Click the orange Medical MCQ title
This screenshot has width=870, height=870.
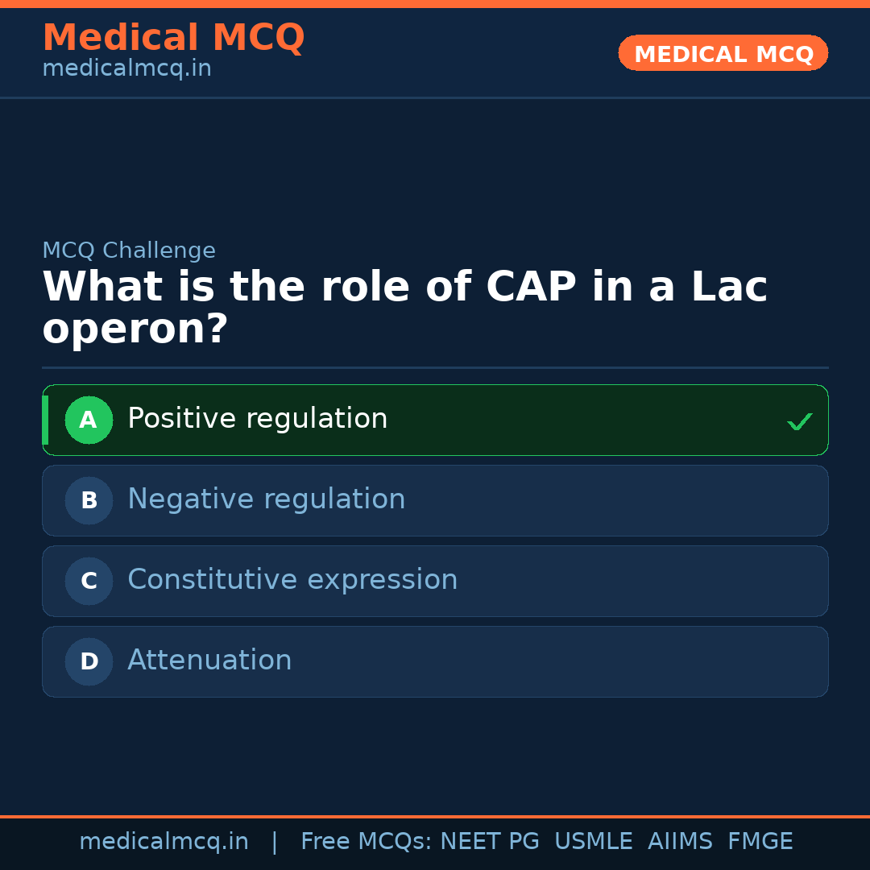173,38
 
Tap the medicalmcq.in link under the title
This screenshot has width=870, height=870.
126,69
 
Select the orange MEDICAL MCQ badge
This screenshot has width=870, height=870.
723,54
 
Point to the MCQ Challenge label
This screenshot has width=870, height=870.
129,251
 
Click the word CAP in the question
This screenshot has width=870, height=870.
531,288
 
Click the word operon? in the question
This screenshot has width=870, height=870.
135,329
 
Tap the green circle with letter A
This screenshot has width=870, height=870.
89,420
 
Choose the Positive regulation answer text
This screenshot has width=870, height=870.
257,419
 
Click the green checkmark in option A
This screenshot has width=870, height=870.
799,421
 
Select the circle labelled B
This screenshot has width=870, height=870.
89,500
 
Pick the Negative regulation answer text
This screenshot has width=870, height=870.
266,499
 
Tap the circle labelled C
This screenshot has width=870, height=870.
89,581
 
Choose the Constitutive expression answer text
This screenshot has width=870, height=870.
292,580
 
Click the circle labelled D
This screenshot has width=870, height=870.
89,661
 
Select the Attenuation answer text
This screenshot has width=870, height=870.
209,661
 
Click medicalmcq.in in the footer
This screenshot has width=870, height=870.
164,842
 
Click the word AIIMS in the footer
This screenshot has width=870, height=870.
680,842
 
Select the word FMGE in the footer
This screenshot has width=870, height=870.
760,842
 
